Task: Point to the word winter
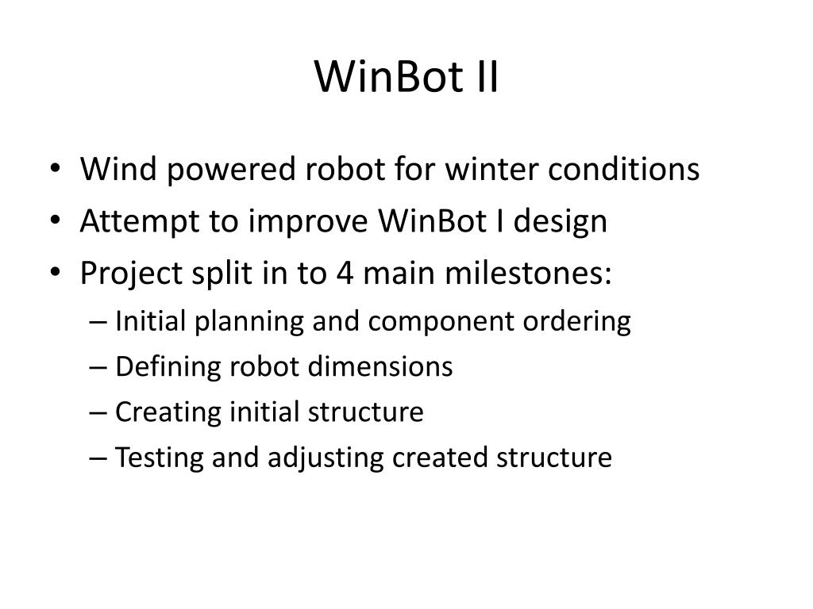471,169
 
